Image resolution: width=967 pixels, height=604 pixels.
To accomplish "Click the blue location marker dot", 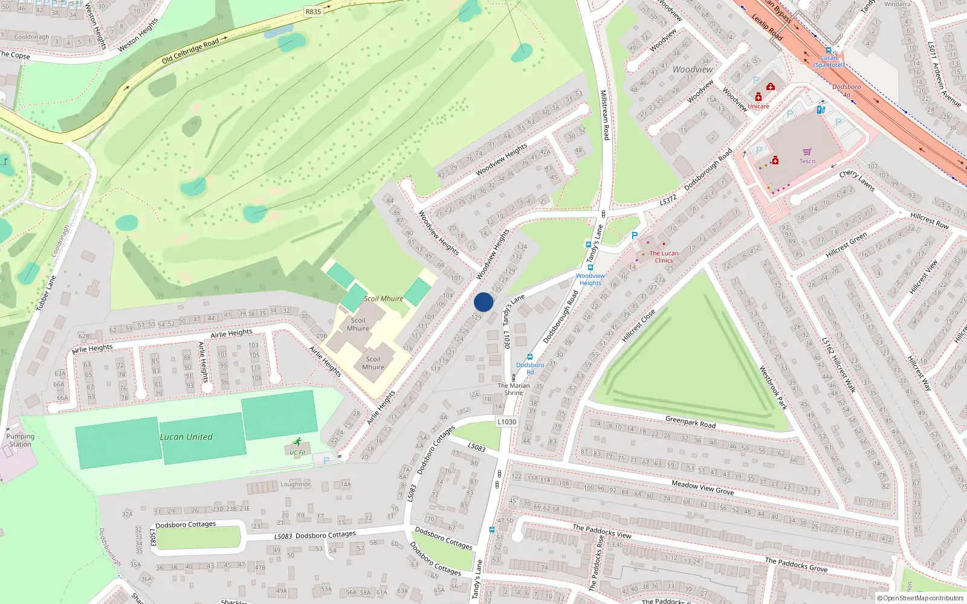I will [x=483, y=302].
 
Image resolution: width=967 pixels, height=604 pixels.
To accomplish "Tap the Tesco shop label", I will [x=807, y=161].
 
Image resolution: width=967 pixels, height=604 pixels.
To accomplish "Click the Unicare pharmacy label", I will [x=758, y=106].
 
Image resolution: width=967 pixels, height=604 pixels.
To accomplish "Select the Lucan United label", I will [x=186, y=437].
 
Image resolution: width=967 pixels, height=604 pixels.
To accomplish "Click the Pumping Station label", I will [x=20, y=440].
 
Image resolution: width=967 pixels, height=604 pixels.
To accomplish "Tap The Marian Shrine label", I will [x=514, y=389].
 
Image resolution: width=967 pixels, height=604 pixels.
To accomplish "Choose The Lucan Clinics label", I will [x=664, y=257].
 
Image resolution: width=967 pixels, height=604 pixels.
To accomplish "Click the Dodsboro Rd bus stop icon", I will [x=530, y=358].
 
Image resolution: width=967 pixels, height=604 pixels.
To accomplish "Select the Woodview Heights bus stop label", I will [x=590, y=279].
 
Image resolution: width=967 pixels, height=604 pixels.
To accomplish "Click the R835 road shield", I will [x=313, y=11].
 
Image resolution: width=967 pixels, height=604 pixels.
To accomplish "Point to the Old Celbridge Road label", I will [x=190, y=51].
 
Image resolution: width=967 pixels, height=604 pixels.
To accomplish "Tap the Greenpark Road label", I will [x=690, y=422].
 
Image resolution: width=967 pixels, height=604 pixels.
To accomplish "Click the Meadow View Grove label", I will [x=702, y=487].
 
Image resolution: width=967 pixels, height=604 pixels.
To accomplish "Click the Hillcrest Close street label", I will [x=638, y=326].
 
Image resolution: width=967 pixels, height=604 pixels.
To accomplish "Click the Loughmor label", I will [x=295, y=484].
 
